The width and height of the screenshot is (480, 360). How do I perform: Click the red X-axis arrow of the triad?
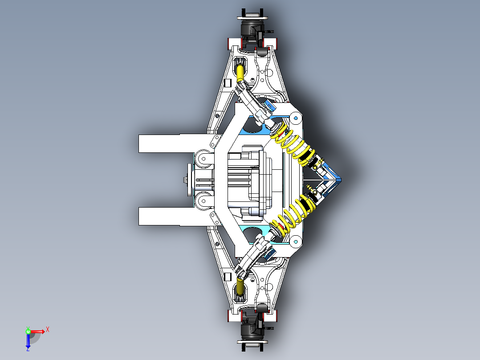pos(37,331)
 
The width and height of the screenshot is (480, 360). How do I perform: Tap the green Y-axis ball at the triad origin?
pos(28,331)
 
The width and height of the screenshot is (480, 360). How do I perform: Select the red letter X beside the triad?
pos(47,329)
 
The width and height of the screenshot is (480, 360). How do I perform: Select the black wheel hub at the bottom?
pos(252,329)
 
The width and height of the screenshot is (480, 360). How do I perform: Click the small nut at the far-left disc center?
pos(184,180)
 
